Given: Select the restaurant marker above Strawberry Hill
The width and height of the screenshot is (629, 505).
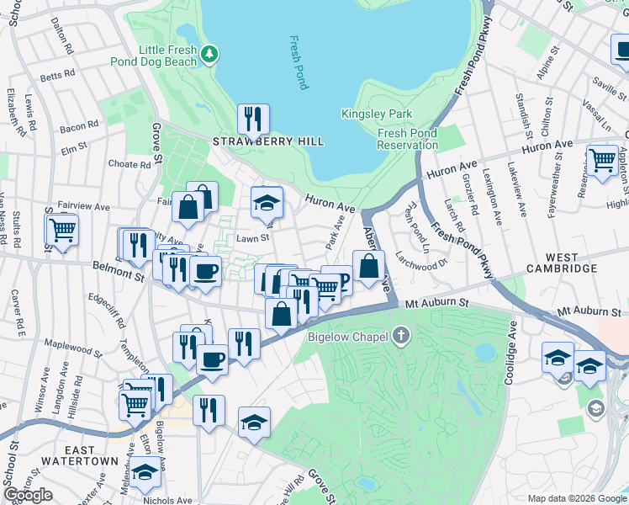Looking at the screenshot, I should coord(253,120).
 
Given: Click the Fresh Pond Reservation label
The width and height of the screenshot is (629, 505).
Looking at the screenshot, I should coord(408,139).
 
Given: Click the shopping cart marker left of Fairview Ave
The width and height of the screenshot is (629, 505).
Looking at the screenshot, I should coord(61,228).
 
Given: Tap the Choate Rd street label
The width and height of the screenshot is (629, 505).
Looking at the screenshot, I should coord(129,164).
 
